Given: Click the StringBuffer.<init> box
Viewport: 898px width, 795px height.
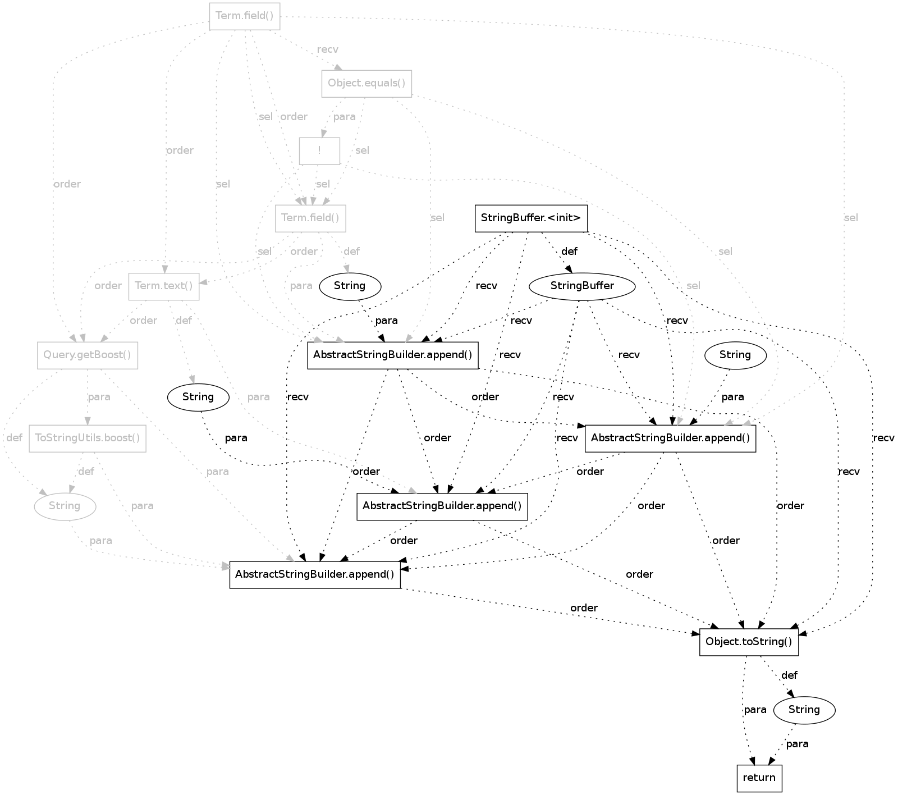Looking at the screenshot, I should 531,218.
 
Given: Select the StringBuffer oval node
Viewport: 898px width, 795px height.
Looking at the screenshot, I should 582,286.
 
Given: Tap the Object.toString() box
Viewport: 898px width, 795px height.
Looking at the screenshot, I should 749,642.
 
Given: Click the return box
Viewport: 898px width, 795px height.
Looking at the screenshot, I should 759,778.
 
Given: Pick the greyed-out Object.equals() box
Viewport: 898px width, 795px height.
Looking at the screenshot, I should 366,84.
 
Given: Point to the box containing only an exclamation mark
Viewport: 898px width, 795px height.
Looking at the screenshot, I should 319,150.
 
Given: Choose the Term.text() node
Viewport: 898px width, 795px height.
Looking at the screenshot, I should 164,286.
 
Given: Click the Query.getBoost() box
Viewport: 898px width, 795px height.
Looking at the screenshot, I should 88,355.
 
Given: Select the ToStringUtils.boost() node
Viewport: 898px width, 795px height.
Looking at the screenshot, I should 88,437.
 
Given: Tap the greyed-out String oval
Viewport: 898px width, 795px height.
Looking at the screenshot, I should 65,506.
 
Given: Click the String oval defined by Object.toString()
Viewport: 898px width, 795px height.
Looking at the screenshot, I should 804,710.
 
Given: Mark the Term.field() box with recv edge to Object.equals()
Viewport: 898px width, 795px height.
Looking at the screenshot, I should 245,16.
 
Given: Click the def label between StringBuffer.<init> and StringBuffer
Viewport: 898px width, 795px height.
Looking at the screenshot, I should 569,252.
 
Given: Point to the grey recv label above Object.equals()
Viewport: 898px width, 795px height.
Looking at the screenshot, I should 328,49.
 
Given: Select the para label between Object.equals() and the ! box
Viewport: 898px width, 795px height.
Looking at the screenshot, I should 344,117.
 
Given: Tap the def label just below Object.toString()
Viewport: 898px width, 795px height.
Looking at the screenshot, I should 789,675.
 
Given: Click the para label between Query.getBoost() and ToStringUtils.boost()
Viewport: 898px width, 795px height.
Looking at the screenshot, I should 99,397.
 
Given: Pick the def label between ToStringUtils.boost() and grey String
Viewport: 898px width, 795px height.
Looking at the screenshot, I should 86,471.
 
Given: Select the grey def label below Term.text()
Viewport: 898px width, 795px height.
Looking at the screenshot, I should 184,321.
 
